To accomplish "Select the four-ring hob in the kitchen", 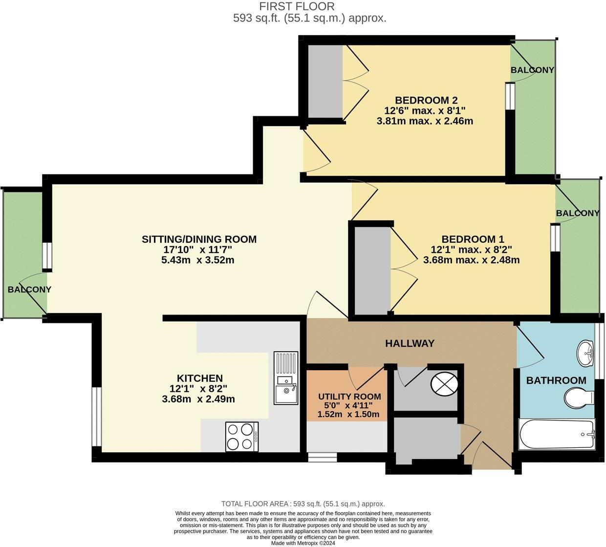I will (x=242, y=436).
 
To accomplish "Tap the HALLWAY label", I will (x=410, y=343).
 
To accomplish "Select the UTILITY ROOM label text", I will (x=349, y=396).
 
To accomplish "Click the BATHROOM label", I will (x=556, y=380).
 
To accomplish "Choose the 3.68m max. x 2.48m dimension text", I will (x=471, y=260).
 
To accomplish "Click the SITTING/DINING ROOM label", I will (x=199, y=239).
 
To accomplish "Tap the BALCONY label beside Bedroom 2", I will (x=532, y=70).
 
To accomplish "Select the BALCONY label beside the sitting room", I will (x=29, y=290).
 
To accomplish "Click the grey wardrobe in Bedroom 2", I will (x=325, y=82).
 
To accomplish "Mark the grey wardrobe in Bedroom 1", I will (x=372, y=271).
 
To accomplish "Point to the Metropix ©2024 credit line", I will (x=303, y=543).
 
